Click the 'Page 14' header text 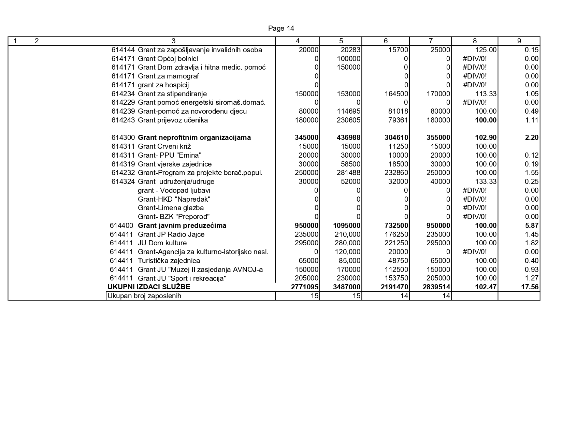(281, 28)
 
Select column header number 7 (430, 41)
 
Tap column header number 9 (519, 41)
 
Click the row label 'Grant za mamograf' (168, 76)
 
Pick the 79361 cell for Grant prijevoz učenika (398, 120)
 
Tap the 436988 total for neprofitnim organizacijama (348, 137)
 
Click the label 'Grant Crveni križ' (164, 146)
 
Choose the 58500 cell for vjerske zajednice (350, 164)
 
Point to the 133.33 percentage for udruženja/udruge (486, 182)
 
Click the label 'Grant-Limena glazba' (171, 208)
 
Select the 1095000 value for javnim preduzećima (347, 226)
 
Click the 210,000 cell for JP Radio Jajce (348, 234)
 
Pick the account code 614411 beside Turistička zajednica (121, 261)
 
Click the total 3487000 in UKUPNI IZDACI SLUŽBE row (347, 287)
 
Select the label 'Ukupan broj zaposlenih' (144, 296)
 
